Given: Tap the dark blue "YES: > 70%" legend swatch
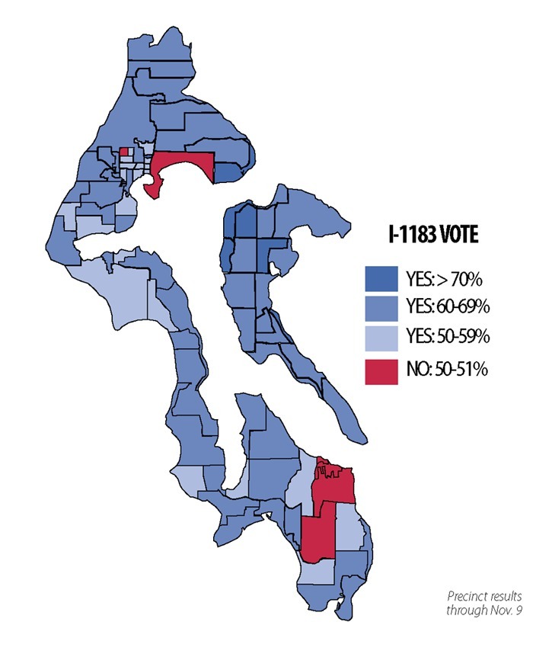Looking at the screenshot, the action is pyautogui.click(x=385, y=277).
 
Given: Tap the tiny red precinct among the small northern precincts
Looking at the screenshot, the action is pyautogui.click(x=124, y=151).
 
